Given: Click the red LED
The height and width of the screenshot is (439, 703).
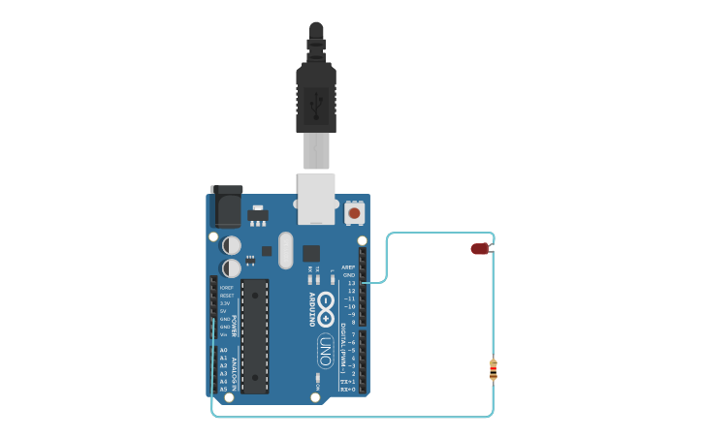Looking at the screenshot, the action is (480, 249).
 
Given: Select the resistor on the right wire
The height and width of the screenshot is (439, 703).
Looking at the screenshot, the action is (494, 369).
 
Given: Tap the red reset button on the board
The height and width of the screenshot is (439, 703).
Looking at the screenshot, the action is (354, 212).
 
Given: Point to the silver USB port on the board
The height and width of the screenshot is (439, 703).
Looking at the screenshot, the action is (316, 199).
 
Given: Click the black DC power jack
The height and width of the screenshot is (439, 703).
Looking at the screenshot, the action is (226, 205).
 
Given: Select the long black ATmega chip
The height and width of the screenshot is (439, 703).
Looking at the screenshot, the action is (255, 335).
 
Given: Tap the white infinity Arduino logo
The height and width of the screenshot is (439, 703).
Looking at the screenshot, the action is (326, 309).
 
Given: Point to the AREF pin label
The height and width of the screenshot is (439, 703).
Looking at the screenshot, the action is (348, 267).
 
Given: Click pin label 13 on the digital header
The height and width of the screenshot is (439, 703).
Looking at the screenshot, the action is (351, 283).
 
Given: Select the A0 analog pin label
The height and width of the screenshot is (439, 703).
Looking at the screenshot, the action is (223, 350).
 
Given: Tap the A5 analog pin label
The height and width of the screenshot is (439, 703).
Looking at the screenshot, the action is (223, 389).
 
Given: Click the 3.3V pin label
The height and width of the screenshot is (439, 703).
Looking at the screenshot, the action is (225, 303).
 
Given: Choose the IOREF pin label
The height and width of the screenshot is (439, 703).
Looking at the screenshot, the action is (226, 288).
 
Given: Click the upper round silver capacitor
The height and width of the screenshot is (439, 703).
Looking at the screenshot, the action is (232, 245).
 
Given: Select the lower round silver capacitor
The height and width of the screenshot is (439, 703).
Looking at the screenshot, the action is (232, 267).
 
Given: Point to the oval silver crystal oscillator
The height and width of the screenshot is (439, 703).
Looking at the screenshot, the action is (284, 250).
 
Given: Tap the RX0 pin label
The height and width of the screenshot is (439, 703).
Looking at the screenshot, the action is (348, 389).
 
